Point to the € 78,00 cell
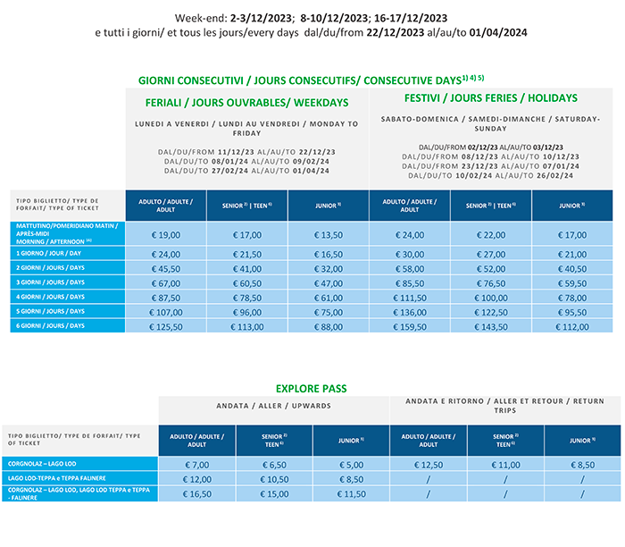pos(572,296)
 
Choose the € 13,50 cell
pos(329,234)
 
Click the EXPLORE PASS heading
pos(312,389)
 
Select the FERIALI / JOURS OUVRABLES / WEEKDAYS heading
pos(246,102)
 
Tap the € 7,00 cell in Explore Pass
pos(196,464)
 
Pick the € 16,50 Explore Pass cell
pos(196,494)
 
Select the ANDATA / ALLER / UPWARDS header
pos(274,406)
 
